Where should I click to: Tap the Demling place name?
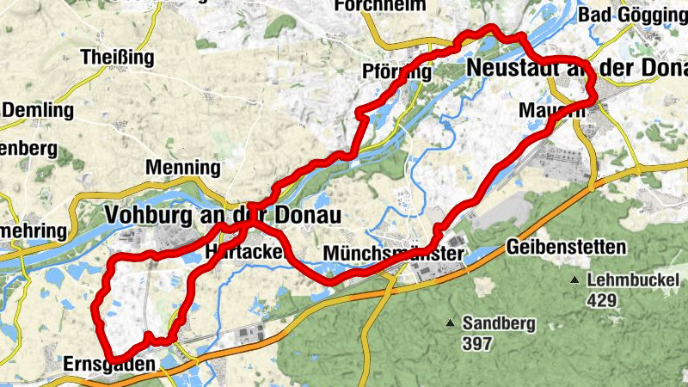tap(39, 110)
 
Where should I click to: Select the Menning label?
tap(182, 167)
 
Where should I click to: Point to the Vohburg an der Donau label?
tap(222, 214)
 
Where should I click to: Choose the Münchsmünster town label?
tap(394, 254)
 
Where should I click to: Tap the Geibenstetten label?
tap(567, 248)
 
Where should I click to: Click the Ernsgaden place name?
tap(110, 365)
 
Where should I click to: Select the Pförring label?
tap(397, 72)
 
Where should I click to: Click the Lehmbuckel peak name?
tap(633, 280)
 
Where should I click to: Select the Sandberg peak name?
tap(499, 323)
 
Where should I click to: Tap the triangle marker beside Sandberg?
tap(448, 323)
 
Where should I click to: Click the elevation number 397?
tap(476, 344)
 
